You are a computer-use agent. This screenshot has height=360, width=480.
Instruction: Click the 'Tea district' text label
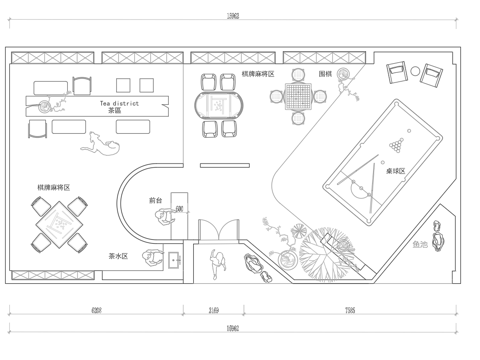[118, 102]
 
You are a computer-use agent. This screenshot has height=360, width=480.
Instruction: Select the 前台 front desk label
[155, 199]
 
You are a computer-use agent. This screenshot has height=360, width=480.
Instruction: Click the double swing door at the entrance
[215, 232]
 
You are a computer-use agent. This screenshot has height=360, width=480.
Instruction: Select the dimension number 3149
[215, 310]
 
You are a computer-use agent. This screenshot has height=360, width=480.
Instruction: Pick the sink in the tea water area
[172, 261]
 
